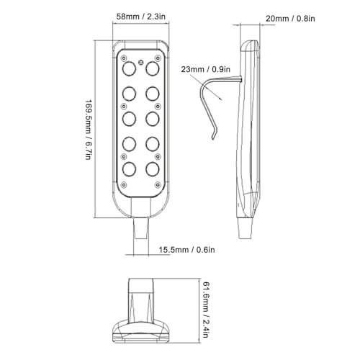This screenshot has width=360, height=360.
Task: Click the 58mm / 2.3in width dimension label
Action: click(x=141, y=17)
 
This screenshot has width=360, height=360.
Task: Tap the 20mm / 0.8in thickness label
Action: click(x=290, y=19)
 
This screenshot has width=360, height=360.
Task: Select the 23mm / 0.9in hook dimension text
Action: click(x=206, y=69)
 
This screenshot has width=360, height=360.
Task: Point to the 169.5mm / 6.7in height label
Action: click(x=88, y=130)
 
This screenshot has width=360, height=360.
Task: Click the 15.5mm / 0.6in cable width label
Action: click(x=186, y=250)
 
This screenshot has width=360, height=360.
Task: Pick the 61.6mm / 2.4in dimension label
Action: click(x=205, y=310)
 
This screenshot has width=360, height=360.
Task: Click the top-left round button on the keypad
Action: click(x=129, y=68)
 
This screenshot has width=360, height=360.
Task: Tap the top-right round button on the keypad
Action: click(x=153, y=68)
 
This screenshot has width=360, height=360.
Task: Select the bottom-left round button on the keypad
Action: click(x=129, y=169)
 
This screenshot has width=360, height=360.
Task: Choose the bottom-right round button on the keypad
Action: click(x=153, y=169)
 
